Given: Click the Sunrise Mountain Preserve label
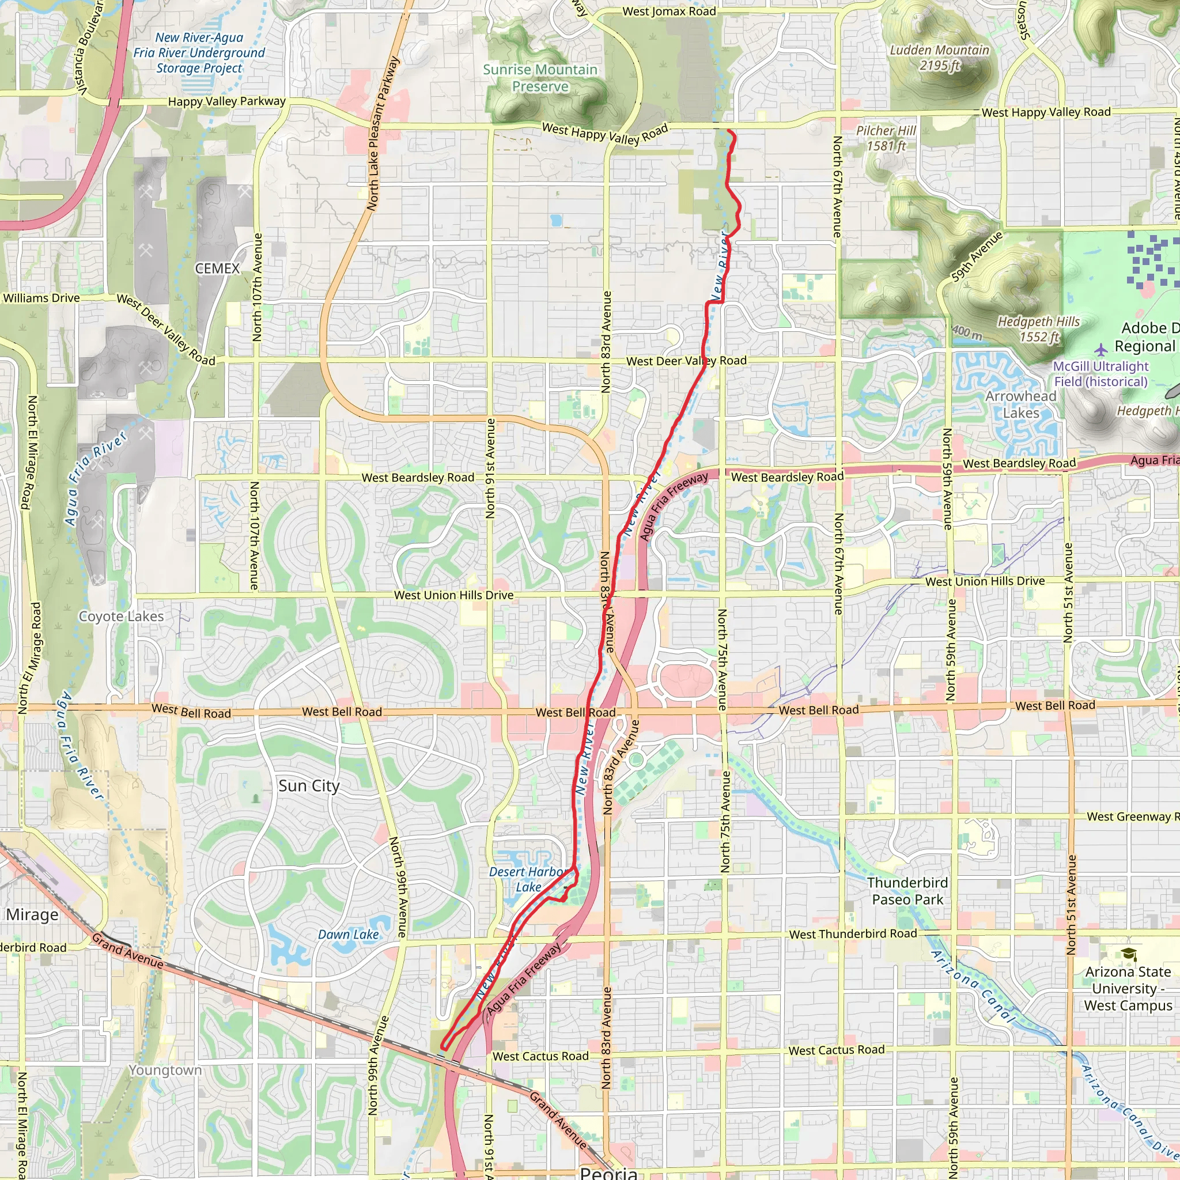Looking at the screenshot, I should click(x=540, y=78).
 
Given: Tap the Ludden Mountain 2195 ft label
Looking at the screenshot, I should click(x=939, y=58).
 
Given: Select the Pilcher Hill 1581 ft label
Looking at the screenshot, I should click(x=886, y=138).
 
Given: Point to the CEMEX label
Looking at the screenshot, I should click(x=217, y=268).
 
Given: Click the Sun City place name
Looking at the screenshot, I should click(x=308, y=786).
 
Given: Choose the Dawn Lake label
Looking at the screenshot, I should click(x=348, y=935).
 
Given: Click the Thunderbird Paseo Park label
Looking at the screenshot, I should click(x=907, y=891).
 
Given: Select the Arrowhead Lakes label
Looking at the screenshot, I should click(x=1020, y=404).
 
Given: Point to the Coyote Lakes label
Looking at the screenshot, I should click(x=122, y=617).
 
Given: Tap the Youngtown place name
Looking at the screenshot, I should click(x=165, y=1070).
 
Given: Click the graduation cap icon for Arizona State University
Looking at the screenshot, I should click(x=1128, y=954).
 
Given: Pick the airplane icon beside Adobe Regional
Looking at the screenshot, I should click(x=1100, y=350).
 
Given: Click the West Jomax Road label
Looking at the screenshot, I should click(x=669, y=12).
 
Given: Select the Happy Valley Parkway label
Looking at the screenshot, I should click(x=226, y=101).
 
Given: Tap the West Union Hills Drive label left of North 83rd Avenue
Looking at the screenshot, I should click(x=453, y=595).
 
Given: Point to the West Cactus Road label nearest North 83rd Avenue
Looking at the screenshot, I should click(x=540, y=1056).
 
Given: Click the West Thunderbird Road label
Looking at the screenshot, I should click(x=853, y=934).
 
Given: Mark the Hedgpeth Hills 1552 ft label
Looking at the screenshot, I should click(x=1038, y=329).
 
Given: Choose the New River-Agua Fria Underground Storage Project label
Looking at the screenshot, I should click(x=199, y=53).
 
